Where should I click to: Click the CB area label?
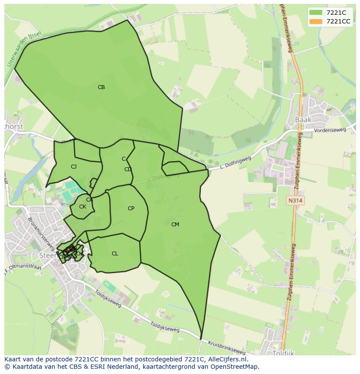click(101, 87)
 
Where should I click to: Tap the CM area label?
click(175, 225)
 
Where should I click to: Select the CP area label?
click(131, 209)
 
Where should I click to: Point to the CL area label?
click(115, 254)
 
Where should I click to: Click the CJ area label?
click(74, 167)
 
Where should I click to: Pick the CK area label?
click(83, 207)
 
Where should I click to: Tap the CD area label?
click(128, 169)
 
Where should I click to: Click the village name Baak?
click(303, 119)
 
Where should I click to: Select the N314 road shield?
click(295, 201)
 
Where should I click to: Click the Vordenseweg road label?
click(331, 130)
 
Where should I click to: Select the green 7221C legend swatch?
click(316, 13)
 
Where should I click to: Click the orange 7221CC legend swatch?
click(316, 21)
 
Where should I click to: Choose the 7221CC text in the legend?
click(338, 21)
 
